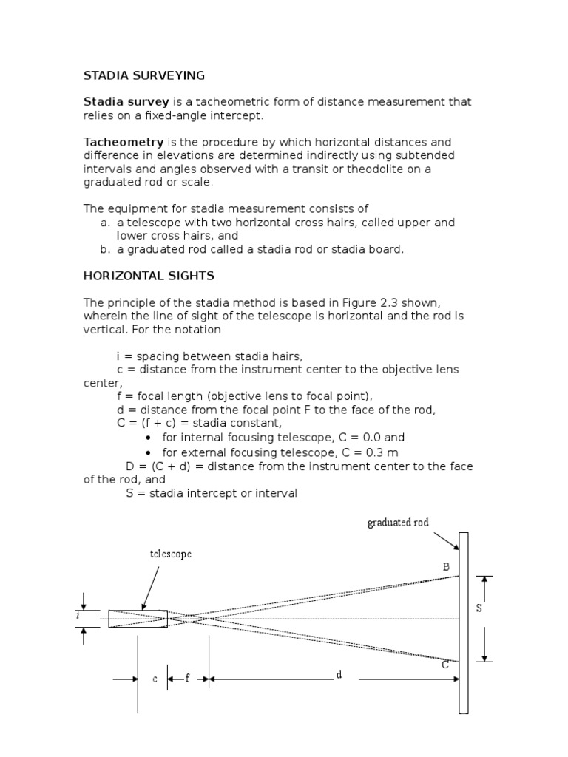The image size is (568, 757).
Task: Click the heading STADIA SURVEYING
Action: coord(143,75)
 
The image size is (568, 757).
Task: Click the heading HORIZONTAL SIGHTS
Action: coord(149,276)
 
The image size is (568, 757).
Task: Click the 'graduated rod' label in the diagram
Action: coord(398,523)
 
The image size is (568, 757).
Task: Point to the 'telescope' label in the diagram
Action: coord(171,554)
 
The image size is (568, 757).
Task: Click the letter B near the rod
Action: coord(446,567)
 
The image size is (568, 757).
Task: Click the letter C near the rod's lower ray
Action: coord(446,665)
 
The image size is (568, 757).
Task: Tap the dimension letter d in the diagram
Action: coord(339,675)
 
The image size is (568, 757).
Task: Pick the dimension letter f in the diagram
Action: coord(187,679)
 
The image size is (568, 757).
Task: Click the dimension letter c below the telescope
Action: coord(155,679)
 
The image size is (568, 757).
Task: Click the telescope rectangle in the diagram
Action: coord(138,619)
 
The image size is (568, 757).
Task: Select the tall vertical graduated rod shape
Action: coord(464,622)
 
